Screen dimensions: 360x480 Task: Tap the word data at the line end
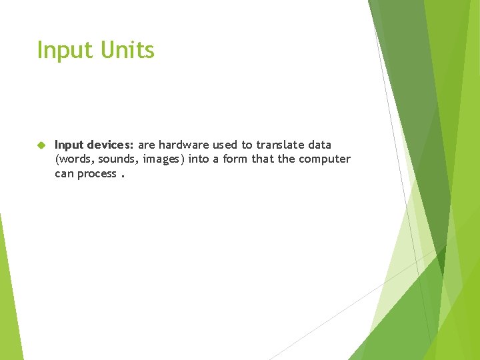pos(319,145)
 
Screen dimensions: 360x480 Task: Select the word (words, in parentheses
pos(75,159)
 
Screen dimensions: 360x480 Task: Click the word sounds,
pos(119,159)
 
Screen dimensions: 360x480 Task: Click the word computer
pos(325,159)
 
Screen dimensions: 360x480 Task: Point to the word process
pos(97,174)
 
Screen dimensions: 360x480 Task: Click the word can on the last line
pos(65,174)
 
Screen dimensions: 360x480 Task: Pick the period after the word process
pos(123,176)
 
